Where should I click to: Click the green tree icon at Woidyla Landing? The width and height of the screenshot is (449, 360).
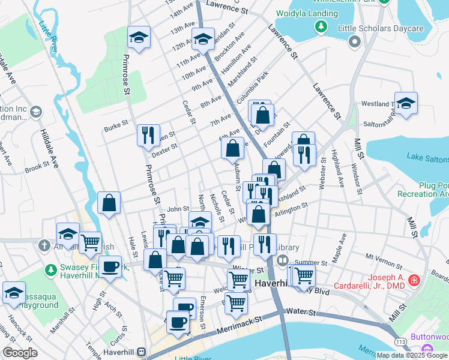pyautogui.click(x=321, y=26)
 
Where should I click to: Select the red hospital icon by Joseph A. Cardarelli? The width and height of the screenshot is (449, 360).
pyautogui.click(x=413, y=280)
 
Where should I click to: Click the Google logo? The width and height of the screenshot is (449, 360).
pyautogui.click(x=20, y=353)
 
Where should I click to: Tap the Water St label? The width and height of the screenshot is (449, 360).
pyautogui.click(x=300, y=311)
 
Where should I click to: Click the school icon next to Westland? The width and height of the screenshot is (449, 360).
pyautogui.click(x=406, y=103)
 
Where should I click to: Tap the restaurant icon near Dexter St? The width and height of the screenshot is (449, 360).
pyautogui.click(x=148, y=136)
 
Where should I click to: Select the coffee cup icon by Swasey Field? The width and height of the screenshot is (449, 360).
pyautogui.click(x=110, y=266)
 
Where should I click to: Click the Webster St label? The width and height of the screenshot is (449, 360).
pyautogui.click(x=322, y=174)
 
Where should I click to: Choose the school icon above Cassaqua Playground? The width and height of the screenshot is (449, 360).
pyautogui.click(x=13, y=292)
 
